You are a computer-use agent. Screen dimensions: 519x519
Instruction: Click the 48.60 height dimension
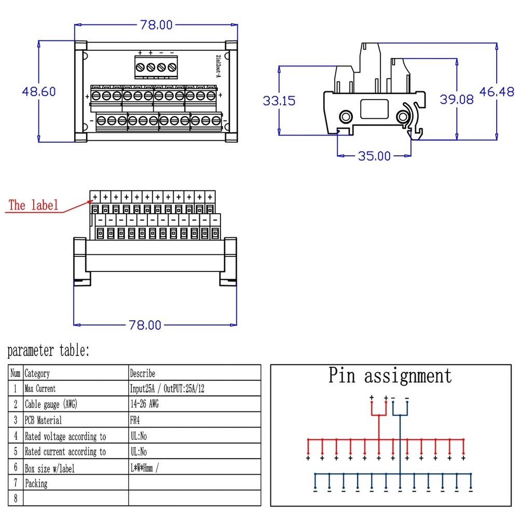click(38, 91)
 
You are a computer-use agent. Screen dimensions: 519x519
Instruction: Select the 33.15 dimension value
click(279, 101)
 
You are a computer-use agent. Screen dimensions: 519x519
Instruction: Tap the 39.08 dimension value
click(457, 100)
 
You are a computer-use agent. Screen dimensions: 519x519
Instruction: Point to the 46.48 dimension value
click(496, 92)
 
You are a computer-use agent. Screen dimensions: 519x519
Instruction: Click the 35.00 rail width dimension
click(374, 156)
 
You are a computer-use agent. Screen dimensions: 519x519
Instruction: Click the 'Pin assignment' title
click(390, 375)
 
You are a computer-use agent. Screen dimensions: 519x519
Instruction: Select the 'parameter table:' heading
click(48, 351)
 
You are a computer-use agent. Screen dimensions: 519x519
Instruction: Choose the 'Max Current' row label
click(40, 389)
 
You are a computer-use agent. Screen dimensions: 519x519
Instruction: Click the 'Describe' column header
click(143, 373)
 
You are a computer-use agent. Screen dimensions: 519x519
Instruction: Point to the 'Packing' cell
click(36, 484)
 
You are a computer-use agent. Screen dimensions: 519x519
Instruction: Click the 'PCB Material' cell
click(43, 420)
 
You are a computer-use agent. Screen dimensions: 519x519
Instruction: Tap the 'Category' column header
click(37, 373)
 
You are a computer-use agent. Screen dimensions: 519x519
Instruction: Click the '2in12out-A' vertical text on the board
click(217, 66)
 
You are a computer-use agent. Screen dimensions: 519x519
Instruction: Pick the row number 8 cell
click(16, 499)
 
